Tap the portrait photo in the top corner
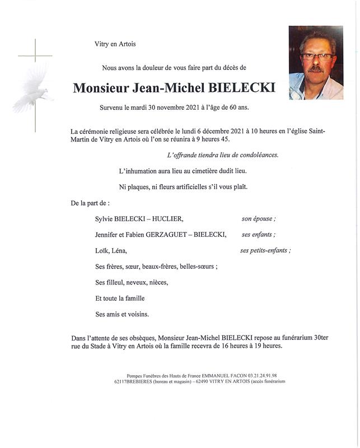pos(316,62)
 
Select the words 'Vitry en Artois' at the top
pos(115,44)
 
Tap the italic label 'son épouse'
pos(259,219)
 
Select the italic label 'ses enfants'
pos(258,235)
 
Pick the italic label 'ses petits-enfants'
pos(265,250)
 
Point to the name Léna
pos(120,250)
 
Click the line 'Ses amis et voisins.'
pos(122,314)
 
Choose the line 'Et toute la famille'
pos(120,298)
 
